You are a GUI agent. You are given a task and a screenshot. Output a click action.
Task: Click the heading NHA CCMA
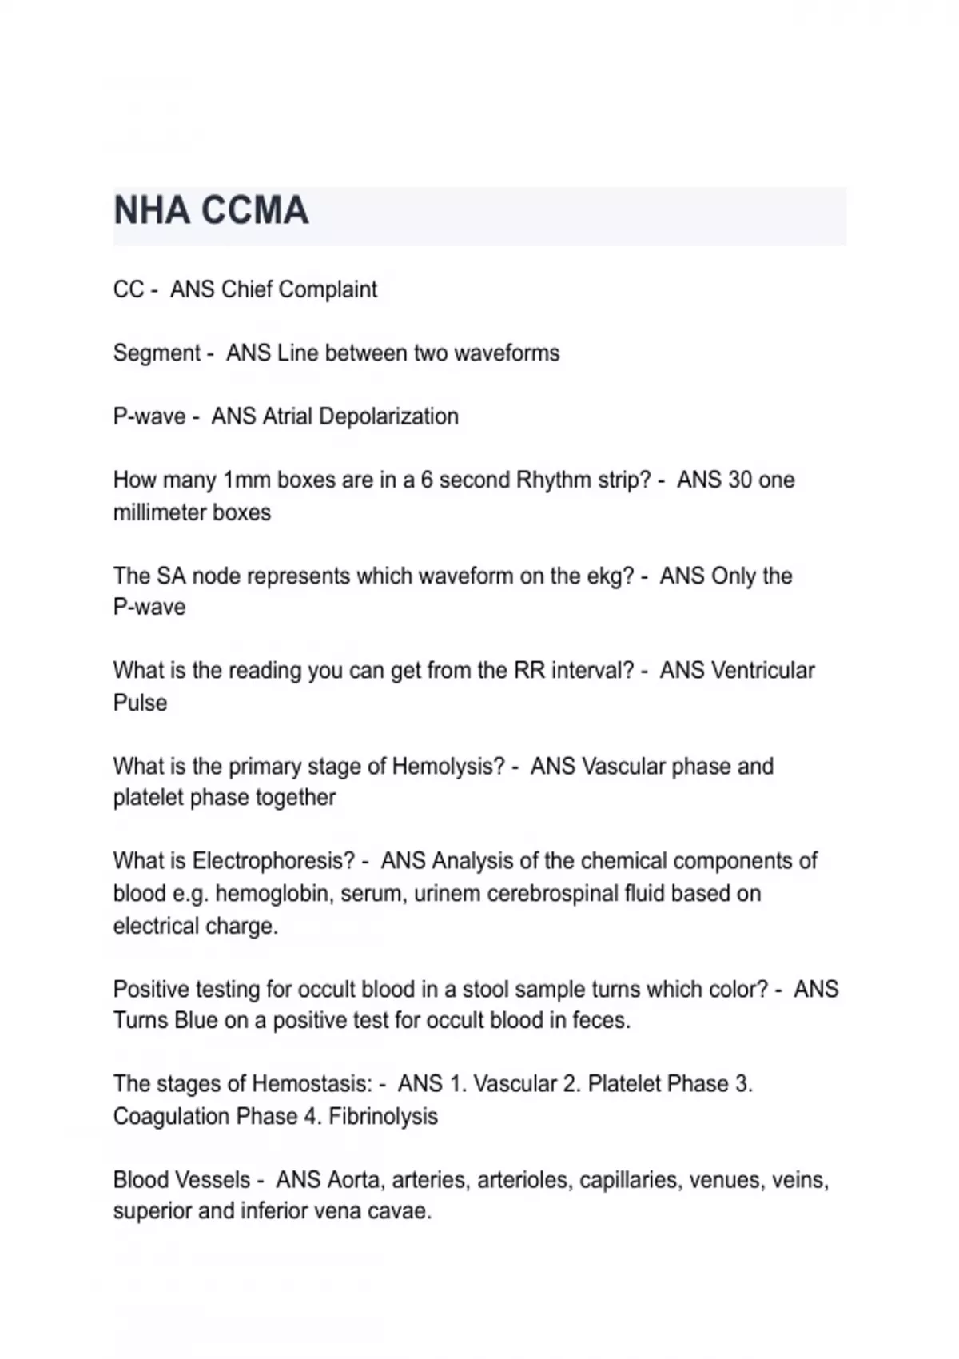pyautogui.click(x=211, y=211)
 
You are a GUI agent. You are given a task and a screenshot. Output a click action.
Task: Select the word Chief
pyautogui.click(x=244, y=289)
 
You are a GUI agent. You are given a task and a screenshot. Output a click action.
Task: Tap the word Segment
pyautogui.click(x=157, y=353)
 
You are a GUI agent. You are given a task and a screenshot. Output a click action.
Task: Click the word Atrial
pyautogui.click(x=288, y=416)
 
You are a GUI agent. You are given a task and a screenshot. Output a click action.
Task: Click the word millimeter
pyautogui.click(x=162, y=512)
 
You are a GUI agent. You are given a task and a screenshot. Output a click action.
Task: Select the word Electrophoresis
pyautogui.click(x=273, y=861)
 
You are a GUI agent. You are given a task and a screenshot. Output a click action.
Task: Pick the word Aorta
pyautogui.click(x=353, y=1180)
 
